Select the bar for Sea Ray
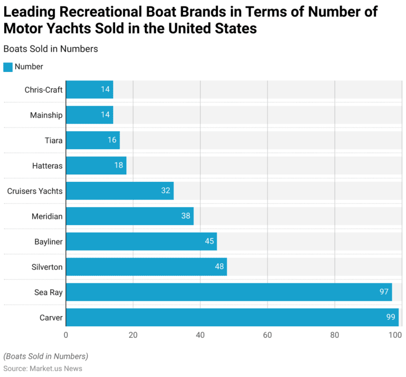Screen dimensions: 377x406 tap(228, 292)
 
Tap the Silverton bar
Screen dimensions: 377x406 tap(146, 266)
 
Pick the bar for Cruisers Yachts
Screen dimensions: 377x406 tap(119, 190)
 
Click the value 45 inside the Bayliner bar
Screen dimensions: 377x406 tap(209, 241)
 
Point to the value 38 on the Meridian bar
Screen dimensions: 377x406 tap(186, 216)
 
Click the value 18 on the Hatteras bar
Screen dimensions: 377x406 tap(119, 165)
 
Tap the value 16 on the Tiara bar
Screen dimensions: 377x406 tap(112, 140)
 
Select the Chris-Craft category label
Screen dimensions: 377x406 tap(43, 89)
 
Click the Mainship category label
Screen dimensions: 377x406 tap(46, 115)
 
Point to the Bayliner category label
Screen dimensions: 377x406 tap(48, 241)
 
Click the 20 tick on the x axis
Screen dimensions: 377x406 tap(133, 335)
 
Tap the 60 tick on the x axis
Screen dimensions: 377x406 tap(267, 335)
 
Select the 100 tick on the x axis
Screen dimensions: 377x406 tap(395, 335)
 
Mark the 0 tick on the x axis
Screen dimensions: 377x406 tap(66, 335)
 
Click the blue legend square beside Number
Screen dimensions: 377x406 tap(8, 67)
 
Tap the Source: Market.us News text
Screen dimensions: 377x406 tap(43, 368)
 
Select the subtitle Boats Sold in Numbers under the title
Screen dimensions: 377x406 tap(50, 49)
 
